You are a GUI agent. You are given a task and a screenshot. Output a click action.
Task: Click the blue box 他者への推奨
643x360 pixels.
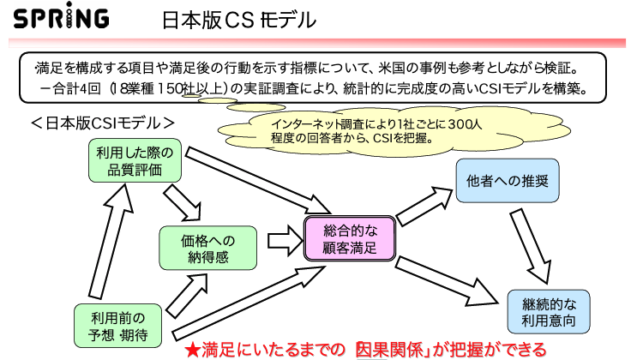click(x=507, y=183)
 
